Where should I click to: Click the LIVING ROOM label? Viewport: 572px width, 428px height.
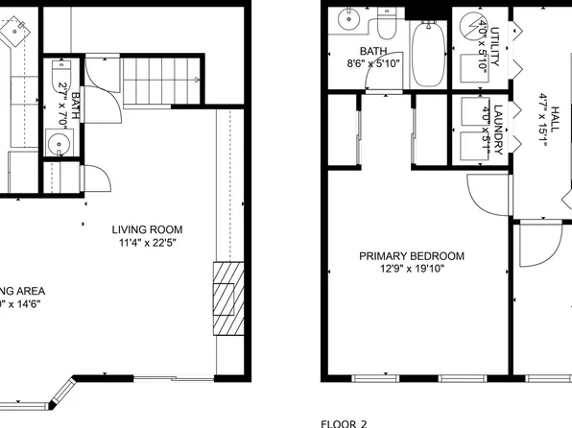tap(147, 229)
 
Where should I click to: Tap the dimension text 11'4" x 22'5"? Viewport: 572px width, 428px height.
tap(147, 243)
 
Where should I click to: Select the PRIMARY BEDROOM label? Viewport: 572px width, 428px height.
tap(412, 256)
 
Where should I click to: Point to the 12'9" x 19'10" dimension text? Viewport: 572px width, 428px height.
tap(412, 270)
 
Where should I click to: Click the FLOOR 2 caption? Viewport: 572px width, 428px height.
tap(344, 422)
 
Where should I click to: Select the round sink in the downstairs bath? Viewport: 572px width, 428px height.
tap(60, 146)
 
